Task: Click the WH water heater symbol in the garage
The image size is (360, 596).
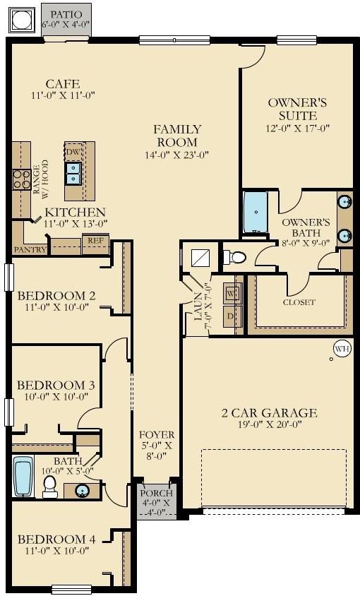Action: click(342, 349)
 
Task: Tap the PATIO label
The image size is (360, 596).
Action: click(66, 14)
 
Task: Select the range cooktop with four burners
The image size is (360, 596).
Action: click(22, 179)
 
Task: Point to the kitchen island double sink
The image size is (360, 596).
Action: click(73, 173)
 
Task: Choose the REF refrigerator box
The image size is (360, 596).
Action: click(95, 244)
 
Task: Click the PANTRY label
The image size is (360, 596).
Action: click(30, 250)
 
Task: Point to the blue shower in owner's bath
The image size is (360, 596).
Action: click(256, 212)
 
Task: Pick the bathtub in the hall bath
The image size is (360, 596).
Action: click(23, 476)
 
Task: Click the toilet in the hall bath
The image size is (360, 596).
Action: click(49, 487)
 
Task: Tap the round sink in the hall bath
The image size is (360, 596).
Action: click(81, 491)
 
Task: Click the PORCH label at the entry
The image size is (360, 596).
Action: click(156, 494)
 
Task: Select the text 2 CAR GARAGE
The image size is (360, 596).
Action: click(269, 413)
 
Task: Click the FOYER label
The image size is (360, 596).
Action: click(156, 434)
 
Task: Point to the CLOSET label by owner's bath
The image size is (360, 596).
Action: click(299, 302)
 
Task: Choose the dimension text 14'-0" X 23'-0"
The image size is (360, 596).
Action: click(177, 155)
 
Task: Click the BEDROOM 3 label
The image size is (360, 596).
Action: click(56, 385)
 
